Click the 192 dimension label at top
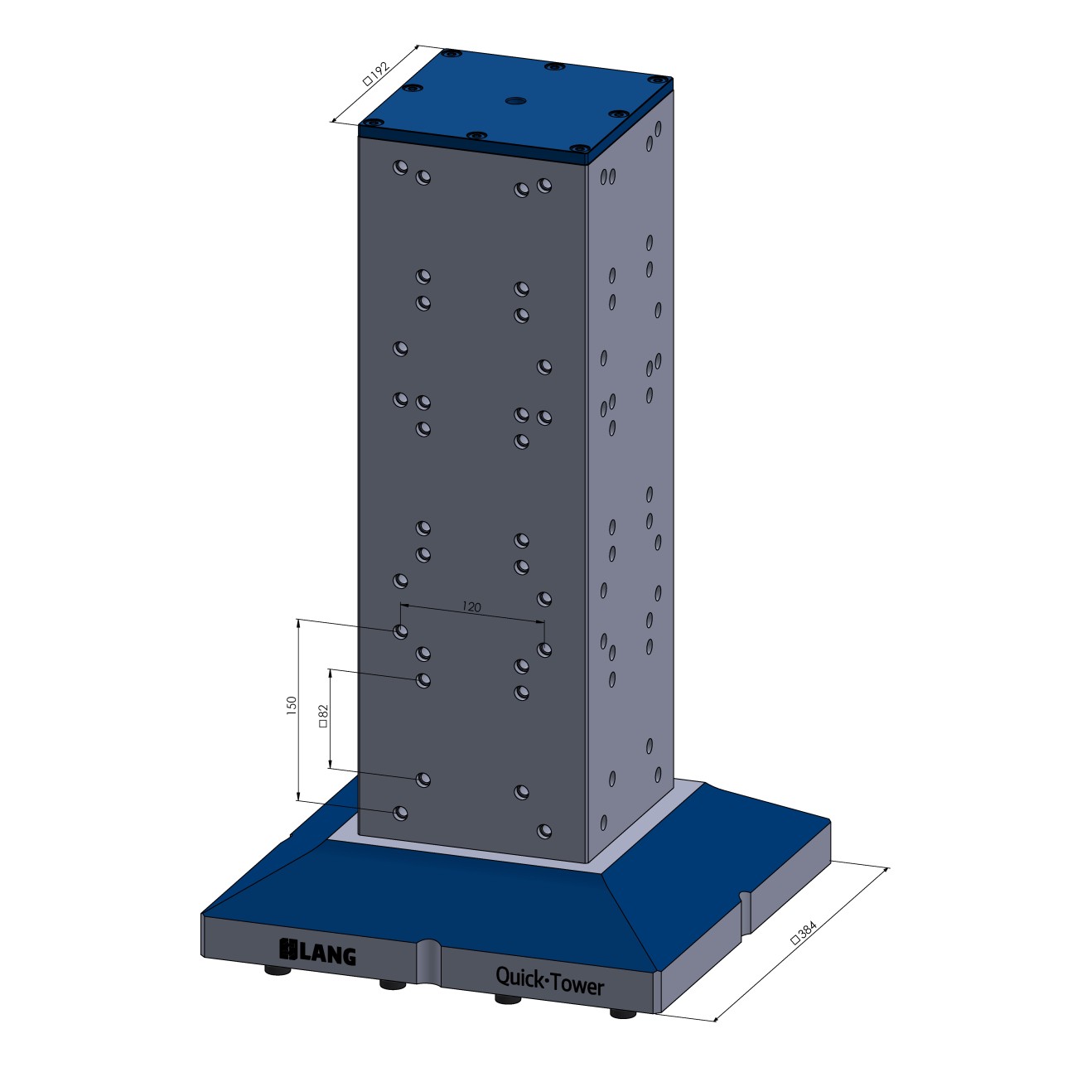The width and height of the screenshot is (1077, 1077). pyautogui.click(x=376, y=75)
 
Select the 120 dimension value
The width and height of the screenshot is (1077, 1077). pyautogui.click(x=471, y=607)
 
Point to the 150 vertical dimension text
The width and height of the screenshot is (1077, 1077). pyautogui.click(x=291, y=705)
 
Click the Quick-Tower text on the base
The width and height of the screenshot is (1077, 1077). pyautogui.click(x=549, y=980)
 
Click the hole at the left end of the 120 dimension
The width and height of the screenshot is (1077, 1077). pyautogui.click(x=400, y=632)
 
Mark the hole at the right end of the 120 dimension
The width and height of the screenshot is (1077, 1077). pyautogui.click(x=544, y=650)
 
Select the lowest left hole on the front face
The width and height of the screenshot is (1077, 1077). pyautogui.click(x=400, y=813)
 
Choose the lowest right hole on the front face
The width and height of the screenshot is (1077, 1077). pyautogui.click(x=544, y=830)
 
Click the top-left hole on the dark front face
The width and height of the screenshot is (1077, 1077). pyautogui.click(x=400, y=167)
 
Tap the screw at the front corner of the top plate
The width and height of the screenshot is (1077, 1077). pyautogui.click(x=580, y=150)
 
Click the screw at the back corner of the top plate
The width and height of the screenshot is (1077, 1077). pyautogui.click(x=452, y=54)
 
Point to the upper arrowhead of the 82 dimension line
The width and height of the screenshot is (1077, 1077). pyautogui.click(x=331, y=671)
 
